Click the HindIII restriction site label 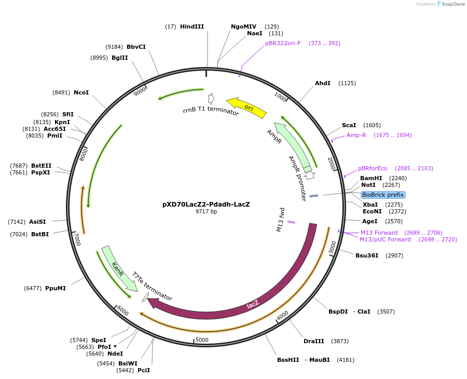point(192,26)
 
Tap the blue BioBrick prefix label point(383,195)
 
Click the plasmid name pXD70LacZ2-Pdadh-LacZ point(206,204)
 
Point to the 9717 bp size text point(206,212)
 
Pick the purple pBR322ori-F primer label point(283,43)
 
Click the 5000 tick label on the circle point(202,340)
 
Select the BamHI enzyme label point(371,178)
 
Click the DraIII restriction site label point(314,341)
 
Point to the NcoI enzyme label point(81,92)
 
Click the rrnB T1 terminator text point(211,112)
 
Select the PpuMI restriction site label point(56,288)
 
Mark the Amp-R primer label point(356,135)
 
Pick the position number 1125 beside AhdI point(347,83)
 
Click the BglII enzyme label point(120,58)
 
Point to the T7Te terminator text point(152,286)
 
